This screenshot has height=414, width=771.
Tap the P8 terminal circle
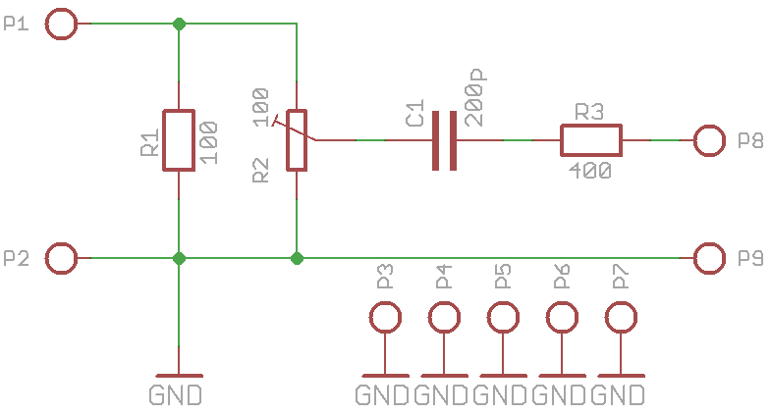pyautogui.click(x=708, y=141)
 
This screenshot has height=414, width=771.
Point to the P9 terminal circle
pyautogui.click(x=708, y=259)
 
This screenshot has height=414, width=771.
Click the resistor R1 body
pyautogui.click(x=178, y=140)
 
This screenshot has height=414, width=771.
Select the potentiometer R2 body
pyautogui.click(x=296, y=140)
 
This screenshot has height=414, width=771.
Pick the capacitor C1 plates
pyautogui.click(x=445, y=141)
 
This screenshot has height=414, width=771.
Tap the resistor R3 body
pyautogui.click(x=590, y=141)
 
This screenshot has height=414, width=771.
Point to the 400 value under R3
pyautogui.click(x=589, y=171)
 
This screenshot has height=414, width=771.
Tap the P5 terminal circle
pyautogui.click(x=503, y=318)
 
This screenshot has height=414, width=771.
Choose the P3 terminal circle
pyautogui.click(x=385, y=318)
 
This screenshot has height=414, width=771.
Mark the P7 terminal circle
pyautogui.click(x=621, y=318)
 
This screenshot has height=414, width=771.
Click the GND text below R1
pyautogui.click(x=177, y=396)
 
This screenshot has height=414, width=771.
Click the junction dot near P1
pyautogui.click(x=178, y=24)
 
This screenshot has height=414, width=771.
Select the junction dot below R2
pyautogui.click(x=296, y=259)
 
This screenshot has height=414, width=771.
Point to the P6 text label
pyautogui.click(x=561, y=277)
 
